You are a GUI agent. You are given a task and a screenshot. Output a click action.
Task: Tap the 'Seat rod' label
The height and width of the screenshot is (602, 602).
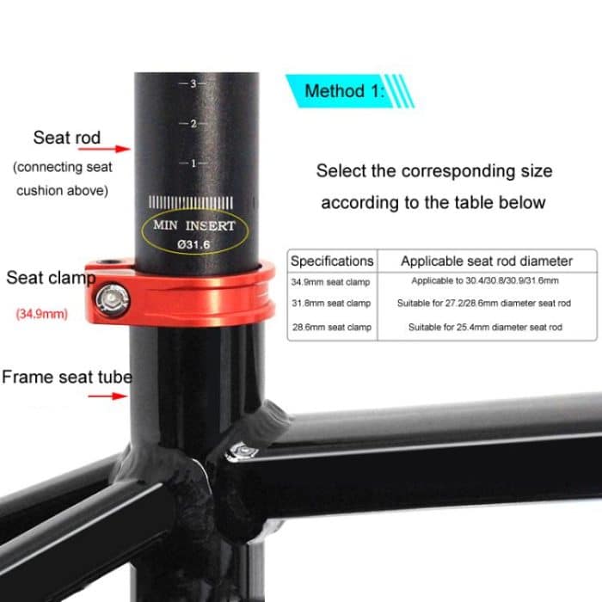[x=66, y=138]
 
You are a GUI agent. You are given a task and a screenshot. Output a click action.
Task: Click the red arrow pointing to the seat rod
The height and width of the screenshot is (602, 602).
[x=118, y=149]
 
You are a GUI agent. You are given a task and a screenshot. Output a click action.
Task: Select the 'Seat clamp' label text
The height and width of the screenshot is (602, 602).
[x=50, y=278]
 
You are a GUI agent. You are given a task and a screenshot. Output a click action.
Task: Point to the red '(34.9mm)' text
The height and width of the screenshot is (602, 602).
[x=42, y=314]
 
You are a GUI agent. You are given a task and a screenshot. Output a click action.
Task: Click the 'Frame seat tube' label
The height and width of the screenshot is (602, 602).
[x=66, y=377]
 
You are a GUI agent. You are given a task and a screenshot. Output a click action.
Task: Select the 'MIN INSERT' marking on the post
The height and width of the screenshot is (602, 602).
[x=193, y=226]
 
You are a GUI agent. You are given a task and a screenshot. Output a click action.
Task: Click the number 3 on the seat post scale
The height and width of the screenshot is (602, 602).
[x=193, y=83]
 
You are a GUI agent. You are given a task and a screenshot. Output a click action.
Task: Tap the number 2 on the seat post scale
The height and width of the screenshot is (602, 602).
[x=193, y=123]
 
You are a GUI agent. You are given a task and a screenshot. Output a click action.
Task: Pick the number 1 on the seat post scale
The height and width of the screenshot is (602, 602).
[x=193, y=163]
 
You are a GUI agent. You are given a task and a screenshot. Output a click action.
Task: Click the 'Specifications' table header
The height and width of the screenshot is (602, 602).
[x=332, y=261]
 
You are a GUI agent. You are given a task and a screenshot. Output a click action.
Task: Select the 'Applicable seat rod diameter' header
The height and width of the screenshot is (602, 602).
[x=486, y=261]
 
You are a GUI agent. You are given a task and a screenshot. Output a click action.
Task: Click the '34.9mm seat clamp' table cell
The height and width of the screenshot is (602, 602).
[x=331, y=281]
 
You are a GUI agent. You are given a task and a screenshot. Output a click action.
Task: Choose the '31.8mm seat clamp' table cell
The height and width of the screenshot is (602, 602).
[x=331, y=304]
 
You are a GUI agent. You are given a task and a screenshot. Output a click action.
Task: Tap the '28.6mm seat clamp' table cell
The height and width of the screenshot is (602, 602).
[x=331, y=328]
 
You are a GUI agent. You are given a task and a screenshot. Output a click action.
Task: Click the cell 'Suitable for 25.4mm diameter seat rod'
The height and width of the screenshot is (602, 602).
[x=485, y=328]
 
